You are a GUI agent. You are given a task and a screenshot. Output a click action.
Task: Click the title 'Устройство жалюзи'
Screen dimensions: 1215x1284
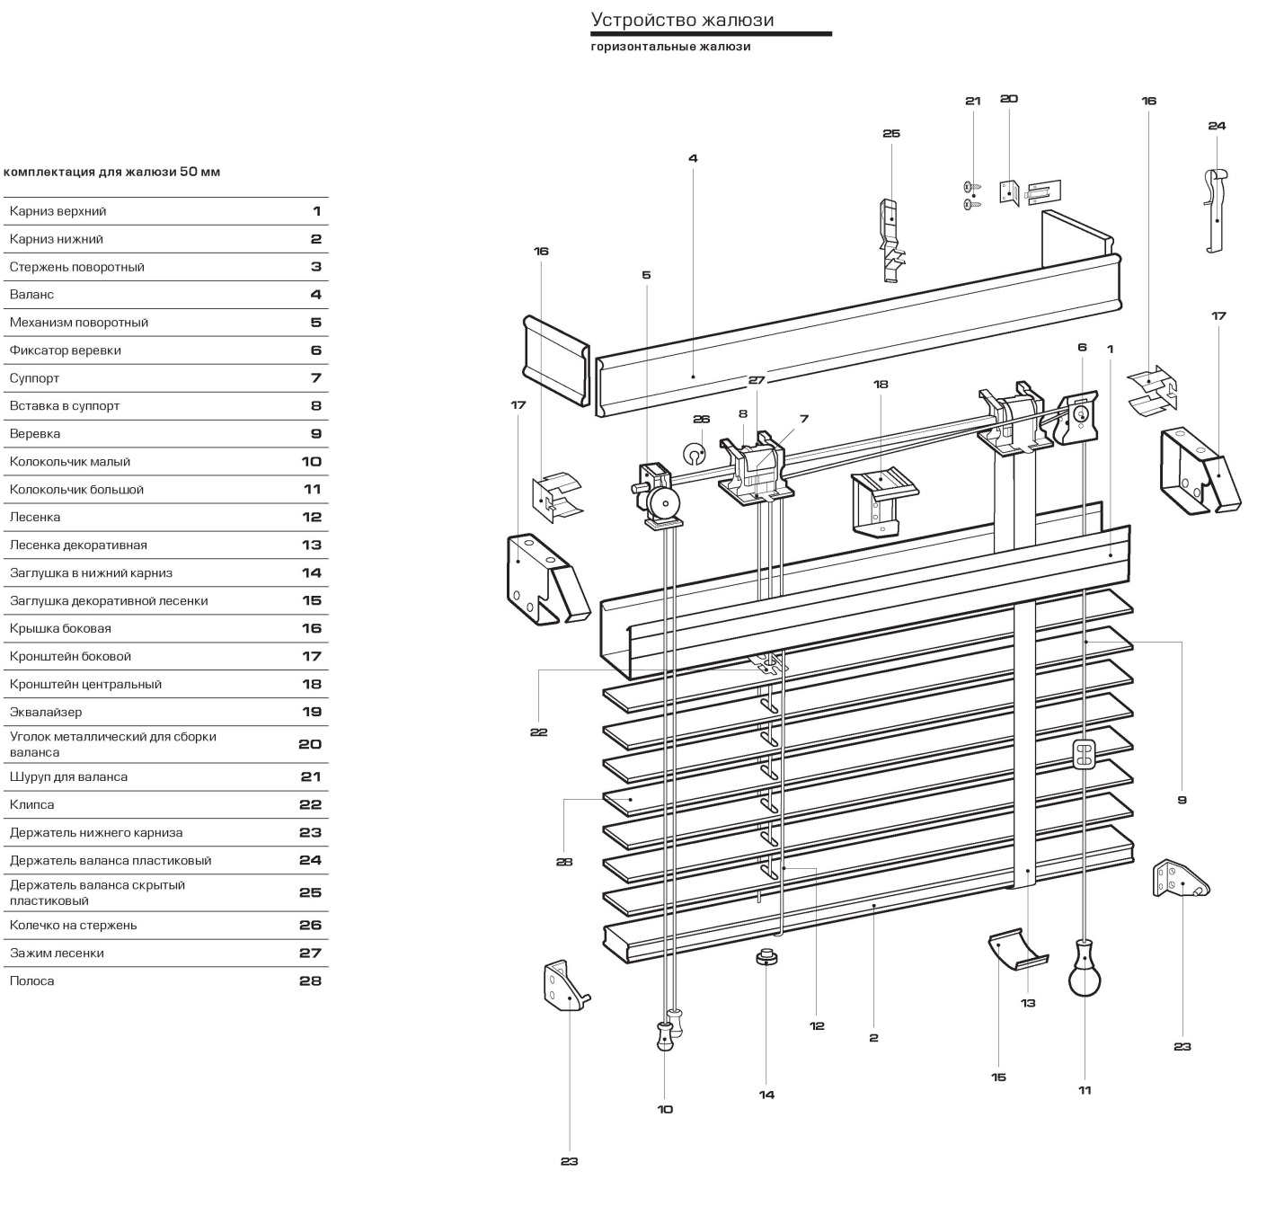[x=682, y=20]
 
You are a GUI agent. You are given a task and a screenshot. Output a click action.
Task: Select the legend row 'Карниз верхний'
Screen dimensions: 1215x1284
[x=58, y=211]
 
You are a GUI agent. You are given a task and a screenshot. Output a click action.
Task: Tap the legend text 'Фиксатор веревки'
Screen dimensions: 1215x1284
[x=65, y=350]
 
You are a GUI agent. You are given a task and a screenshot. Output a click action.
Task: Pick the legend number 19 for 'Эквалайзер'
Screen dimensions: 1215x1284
[x=311, y=712]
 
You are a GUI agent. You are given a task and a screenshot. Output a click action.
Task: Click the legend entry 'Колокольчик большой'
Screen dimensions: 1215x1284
[x=76, y=490]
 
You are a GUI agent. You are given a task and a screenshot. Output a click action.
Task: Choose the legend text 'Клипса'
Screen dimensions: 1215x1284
[x=31, y=804]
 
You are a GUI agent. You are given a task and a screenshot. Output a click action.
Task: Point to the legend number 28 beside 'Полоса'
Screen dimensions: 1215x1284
[x=310, y=980]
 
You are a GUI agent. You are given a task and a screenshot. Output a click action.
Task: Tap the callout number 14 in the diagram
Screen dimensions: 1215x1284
[x=766, y=1095]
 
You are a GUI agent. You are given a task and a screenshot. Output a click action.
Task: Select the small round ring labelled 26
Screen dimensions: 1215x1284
[x=695, y=452]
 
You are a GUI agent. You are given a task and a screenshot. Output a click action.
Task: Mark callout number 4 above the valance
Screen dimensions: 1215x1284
[x=693, y=158]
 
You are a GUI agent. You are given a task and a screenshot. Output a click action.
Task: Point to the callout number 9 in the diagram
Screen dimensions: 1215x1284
[x=1182, y=800]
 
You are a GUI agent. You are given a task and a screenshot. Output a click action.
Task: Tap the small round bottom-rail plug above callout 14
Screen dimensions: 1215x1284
[x=766, y=958]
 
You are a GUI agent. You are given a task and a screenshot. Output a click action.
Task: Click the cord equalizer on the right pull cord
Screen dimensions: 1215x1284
[x=1085, y=754]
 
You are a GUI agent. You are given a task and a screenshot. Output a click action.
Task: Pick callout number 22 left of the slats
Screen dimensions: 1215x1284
[x=538, y=732]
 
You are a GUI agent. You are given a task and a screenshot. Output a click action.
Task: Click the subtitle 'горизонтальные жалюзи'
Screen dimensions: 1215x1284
[x=670, y=47]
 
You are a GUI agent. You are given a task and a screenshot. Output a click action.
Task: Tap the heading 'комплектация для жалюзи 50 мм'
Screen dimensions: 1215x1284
[x=112, y=172]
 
